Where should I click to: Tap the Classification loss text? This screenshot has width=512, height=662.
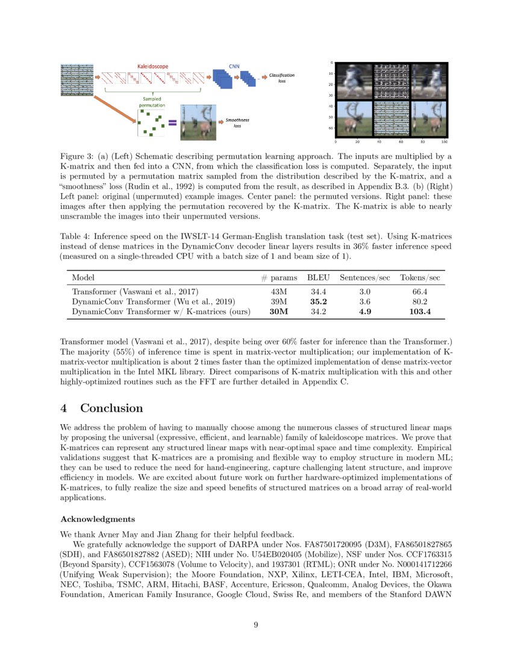281,78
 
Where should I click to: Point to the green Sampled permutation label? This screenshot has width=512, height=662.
151,102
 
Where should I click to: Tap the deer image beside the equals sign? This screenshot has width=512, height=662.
199,120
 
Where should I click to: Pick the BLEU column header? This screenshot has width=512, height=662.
319,277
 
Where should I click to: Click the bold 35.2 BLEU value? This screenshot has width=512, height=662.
319,302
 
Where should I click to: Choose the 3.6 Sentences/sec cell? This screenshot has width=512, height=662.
365,302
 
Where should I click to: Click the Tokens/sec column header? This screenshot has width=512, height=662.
420,277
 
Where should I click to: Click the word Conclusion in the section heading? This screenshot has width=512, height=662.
111,408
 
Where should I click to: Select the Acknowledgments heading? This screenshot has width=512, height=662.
98,519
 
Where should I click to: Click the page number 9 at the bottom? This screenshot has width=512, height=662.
256,625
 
